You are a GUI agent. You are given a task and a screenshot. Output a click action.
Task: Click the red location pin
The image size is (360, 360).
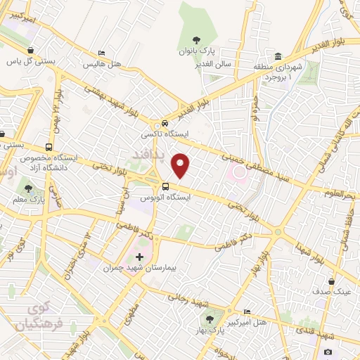pyautogui.click(x=181, y=165)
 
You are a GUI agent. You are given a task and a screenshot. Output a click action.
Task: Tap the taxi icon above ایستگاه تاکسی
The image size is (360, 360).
pyautogui.click(x=165, y=121)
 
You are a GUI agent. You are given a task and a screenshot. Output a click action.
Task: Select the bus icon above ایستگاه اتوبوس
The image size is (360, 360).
pyautogui.click(x=165, y=186)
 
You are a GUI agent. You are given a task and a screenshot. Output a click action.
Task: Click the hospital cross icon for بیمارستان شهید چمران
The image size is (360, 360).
pyautogui.click(x=139, y=257)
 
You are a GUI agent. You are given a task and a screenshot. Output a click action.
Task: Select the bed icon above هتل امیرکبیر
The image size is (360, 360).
pyautogui.click(x=247, y=311)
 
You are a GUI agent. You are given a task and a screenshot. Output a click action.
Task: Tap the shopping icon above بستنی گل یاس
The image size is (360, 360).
pyautogui.click(x=32, y=50)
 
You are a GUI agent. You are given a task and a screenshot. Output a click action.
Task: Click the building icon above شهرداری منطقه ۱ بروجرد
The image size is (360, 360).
pyautogui.click(x=278, y=56)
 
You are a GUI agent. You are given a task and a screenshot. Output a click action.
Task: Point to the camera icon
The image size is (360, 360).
pyautogui.click(x=328, y=352)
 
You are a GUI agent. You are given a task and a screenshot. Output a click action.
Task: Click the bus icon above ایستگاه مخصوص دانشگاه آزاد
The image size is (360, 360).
pyautogui.click(x=48, y=148)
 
